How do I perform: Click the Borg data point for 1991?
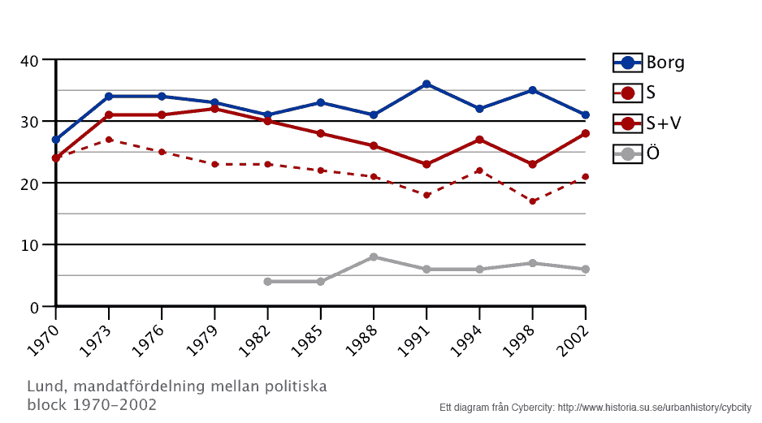click(426, 84)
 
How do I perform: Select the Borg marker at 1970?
click(55, 140)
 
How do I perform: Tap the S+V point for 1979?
click(214, 109)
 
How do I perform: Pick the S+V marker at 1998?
click(532, 164)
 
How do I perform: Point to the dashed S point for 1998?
click(532, 201)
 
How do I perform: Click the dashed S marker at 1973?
click(109, 140)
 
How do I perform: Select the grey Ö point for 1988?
click(374, 257)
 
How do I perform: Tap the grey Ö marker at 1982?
click(267, 282)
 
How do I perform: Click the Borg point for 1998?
click(532, 90)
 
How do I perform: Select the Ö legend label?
click(652, 153)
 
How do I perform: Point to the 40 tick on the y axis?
click(29, 60)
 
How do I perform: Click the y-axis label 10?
click(29, 245)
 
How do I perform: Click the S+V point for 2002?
click(585, 133)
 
